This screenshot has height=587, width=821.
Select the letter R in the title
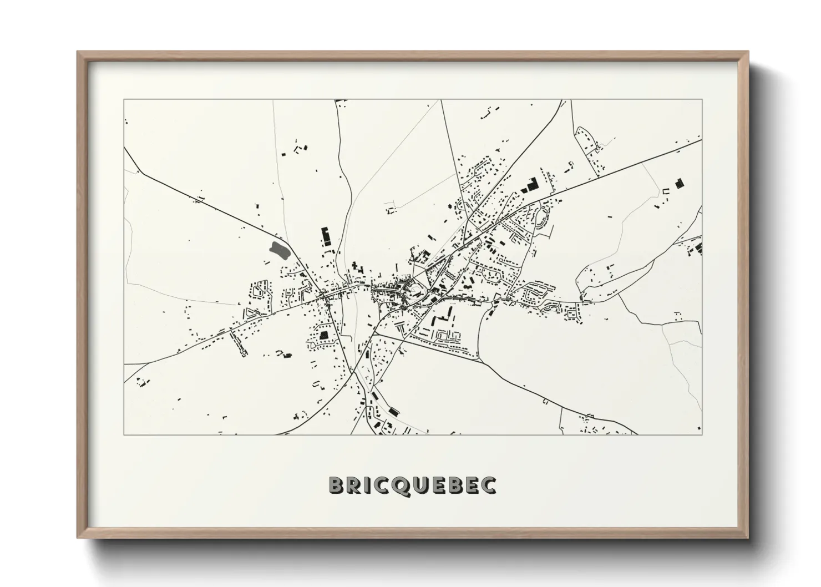pos(356,485)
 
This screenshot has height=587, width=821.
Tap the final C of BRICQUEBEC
pos(487,485)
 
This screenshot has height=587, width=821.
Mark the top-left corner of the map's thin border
pos(124,100)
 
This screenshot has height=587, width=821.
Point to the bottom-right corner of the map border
pos(702,434)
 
